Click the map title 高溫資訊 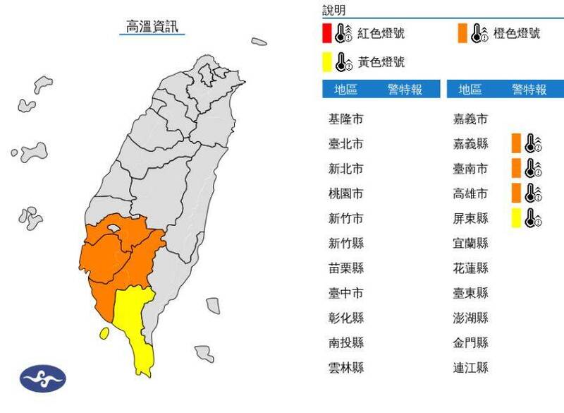click(152, 27)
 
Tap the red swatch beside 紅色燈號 click(326, 33)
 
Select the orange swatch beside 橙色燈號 click(462, 33)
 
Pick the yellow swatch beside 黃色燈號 click(326, 61)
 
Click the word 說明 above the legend click(334, 10)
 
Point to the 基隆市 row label click(346, 119)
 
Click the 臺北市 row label click(346, 144)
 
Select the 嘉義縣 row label click(470, 144)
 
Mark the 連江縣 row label click(470, 368)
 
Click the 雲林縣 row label click(346, 368)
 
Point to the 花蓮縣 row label click(470, 268)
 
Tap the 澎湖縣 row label click(470, 318)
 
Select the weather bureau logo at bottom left click(42, 379)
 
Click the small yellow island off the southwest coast click(104, 333)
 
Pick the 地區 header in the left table click(345, 90)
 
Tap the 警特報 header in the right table click(529, 90)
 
